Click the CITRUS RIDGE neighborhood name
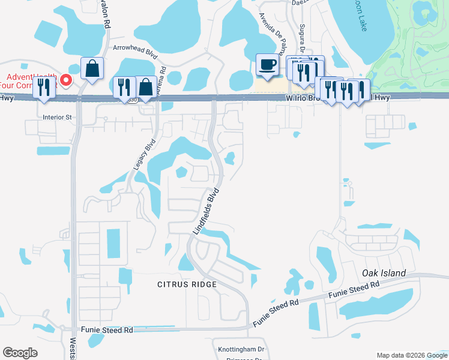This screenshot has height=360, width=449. (187, 284)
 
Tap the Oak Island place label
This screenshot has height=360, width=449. (384, 274)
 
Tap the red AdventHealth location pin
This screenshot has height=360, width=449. (66, 80)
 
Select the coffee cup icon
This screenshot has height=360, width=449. (267, 64)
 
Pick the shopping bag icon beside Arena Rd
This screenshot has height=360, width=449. (146, 86)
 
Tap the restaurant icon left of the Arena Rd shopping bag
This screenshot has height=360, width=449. (124, 86)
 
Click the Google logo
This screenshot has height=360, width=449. (20, 353)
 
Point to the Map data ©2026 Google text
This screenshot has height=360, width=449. (411, 355)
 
